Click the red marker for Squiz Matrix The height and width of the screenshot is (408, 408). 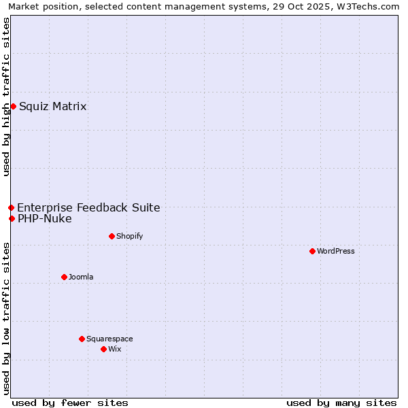pyautogui.click(x=13, y=106)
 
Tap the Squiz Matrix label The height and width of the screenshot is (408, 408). pyautogui.click(x=52, y=106)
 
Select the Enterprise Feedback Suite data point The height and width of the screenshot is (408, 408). pyautogui.click(x=11, y=207)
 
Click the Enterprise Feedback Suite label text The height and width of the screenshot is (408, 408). pyautogui.click(x=88, y=207)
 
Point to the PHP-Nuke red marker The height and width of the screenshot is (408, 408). pyautogui.click(x=12, y=218)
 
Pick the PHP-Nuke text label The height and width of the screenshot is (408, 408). pyautogui.click(x=44, y=218)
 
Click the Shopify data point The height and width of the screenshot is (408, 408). pyautogui.click(x=112, y=236)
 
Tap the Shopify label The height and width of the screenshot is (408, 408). pyautogui.click(x=129, y=236)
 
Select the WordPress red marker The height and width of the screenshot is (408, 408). pyautogui.click(x=312, y=251)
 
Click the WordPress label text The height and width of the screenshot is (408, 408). pyautogui.click(x=335, y=251)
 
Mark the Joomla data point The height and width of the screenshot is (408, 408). pyautogui.click(x=64, y=277)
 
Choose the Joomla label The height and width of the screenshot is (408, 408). pyautogui.click(x=81, y=277)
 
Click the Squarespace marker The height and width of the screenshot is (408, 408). pyautogui.click(x=82, y=339)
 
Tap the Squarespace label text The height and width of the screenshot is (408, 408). pyautogui.click(x=109, y=339)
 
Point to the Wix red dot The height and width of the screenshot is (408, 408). pyautogui.click(x=103, y=349)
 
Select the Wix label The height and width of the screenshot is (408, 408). pyautogui.click(x=114, y=349)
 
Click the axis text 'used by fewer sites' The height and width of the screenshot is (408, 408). pyautogui.click(x=70, y=403)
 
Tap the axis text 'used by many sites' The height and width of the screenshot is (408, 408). pyautogui.click(x=341, y=403)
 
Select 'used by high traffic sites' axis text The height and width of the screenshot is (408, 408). pyautogui.click(x=6, y=97)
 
